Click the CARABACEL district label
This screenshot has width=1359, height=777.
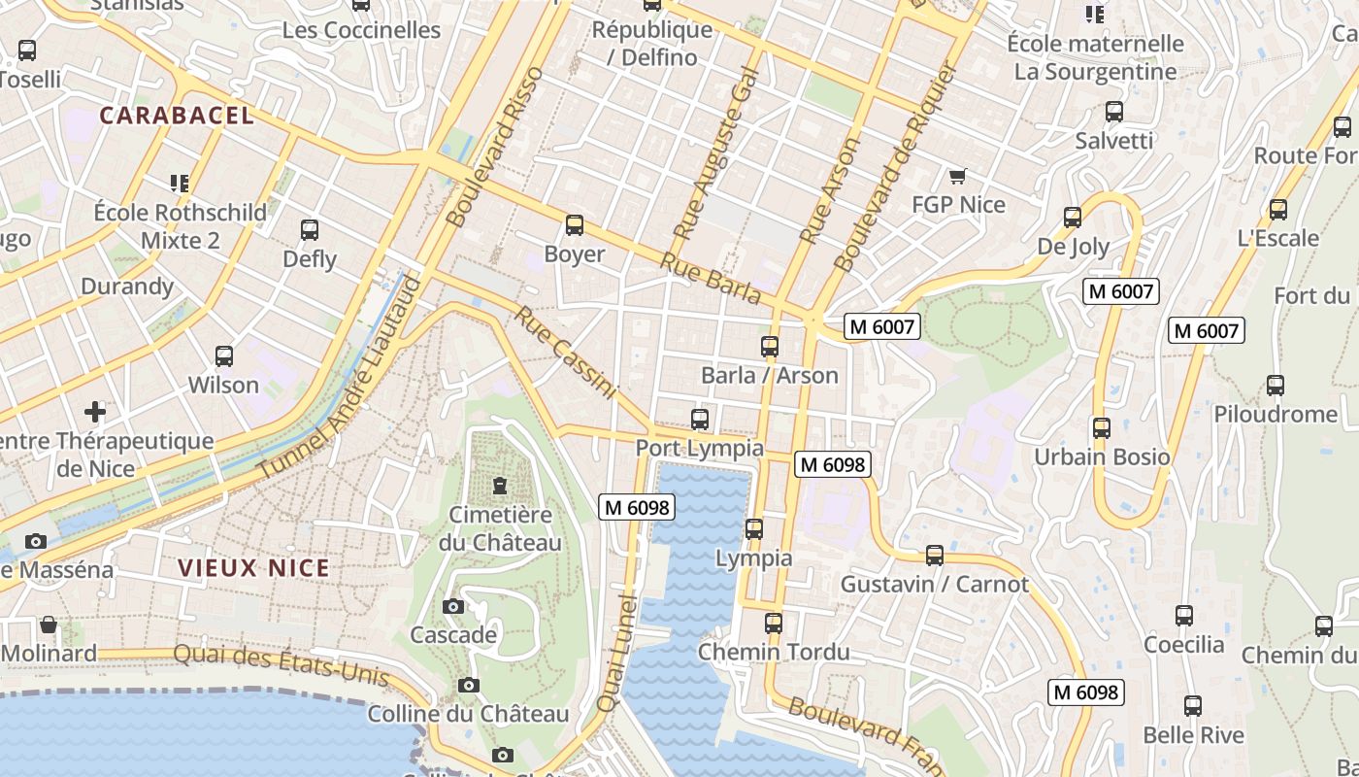point(177,116)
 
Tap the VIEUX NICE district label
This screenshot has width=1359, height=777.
point(253,568)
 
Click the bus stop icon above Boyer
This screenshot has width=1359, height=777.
point(575,225)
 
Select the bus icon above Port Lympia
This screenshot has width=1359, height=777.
point(700,420)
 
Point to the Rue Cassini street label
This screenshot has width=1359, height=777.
point(565,353)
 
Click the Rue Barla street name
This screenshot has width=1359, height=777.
point(711,278)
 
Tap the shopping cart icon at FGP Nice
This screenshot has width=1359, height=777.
point(958,176)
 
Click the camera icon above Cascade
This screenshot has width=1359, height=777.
point(452,607)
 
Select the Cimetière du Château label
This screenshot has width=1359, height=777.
point(500,528)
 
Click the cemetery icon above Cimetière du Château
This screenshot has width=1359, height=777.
point(500,485)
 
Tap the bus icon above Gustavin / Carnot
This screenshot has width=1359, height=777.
point(935,556)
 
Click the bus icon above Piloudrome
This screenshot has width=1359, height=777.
point(1276,386)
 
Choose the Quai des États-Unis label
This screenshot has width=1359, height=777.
point(282,665)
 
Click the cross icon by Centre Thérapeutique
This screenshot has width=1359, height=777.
point(95,412)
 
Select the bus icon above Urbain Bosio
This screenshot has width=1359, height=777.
point(1102,428)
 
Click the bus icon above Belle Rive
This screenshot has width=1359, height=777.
point(1193,706)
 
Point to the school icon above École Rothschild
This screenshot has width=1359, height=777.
point(179,183)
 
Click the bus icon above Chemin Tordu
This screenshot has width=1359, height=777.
point(774,624)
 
